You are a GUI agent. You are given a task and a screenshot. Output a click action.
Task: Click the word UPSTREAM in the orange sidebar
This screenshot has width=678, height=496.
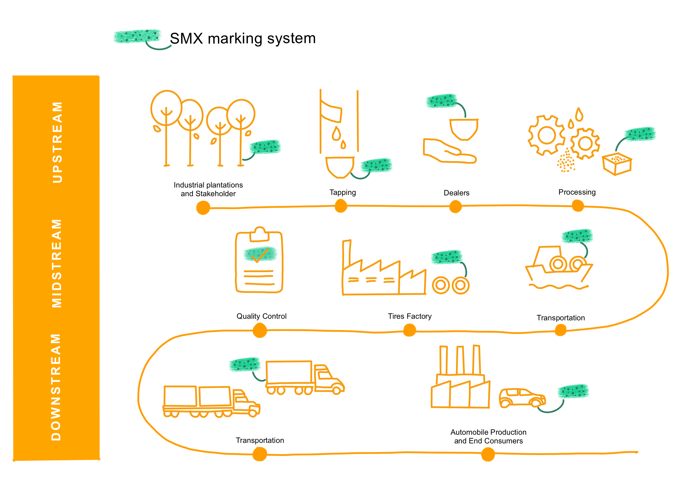click(x=57, y=142)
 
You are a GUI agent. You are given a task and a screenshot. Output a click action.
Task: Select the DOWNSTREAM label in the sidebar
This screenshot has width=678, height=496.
click(x=56, y=387)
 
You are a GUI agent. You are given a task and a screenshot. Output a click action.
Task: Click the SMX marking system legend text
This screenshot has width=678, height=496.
click(x=243, y=38)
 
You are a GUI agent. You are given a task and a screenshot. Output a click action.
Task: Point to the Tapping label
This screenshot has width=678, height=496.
click(x=342, y=193)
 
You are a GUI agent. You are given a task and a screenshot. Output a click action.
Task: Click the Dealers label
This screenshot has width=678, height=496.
click(x=456, y=193)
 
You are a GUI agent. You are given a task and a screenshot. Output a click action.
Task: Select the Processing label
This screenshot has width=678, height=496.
click(x=577, y=192)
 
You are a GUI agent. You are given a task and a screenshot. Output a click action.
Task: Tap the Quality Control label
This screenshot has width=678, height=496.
click(x=261, y=316)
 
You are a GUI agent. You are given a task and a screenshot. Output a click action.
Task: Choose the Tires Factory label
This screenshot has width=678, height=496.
click(x=410, y=316)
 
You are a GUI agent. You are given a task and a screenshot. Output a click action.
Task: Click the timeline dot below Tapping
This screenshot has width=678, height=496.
click(x=341, y=206)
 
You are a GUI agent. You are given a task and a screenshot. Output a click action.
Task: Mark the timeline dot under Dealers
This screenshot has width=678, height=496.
click(x=455, y=206)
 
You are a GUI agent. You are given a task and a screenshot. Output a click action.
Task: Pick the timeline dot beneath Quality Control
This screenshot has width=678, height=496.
click(x=260, y=331)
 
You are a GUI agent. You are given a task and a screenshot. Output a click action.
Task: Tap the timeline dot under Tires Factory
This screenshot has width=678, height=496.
click(x=410, y=330)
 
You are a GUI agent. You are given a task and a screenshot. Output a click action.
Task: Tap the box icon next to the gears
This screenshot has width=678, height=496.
click(x=617, y=164)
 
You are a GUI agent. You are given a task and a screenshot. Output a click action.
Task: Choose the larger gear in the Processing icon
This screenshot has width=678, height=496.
click(x=546, y=135)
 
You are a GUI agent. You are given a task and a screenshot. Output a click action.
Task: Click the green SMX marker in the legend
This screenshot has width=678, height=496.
click(x=137, y=36)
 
